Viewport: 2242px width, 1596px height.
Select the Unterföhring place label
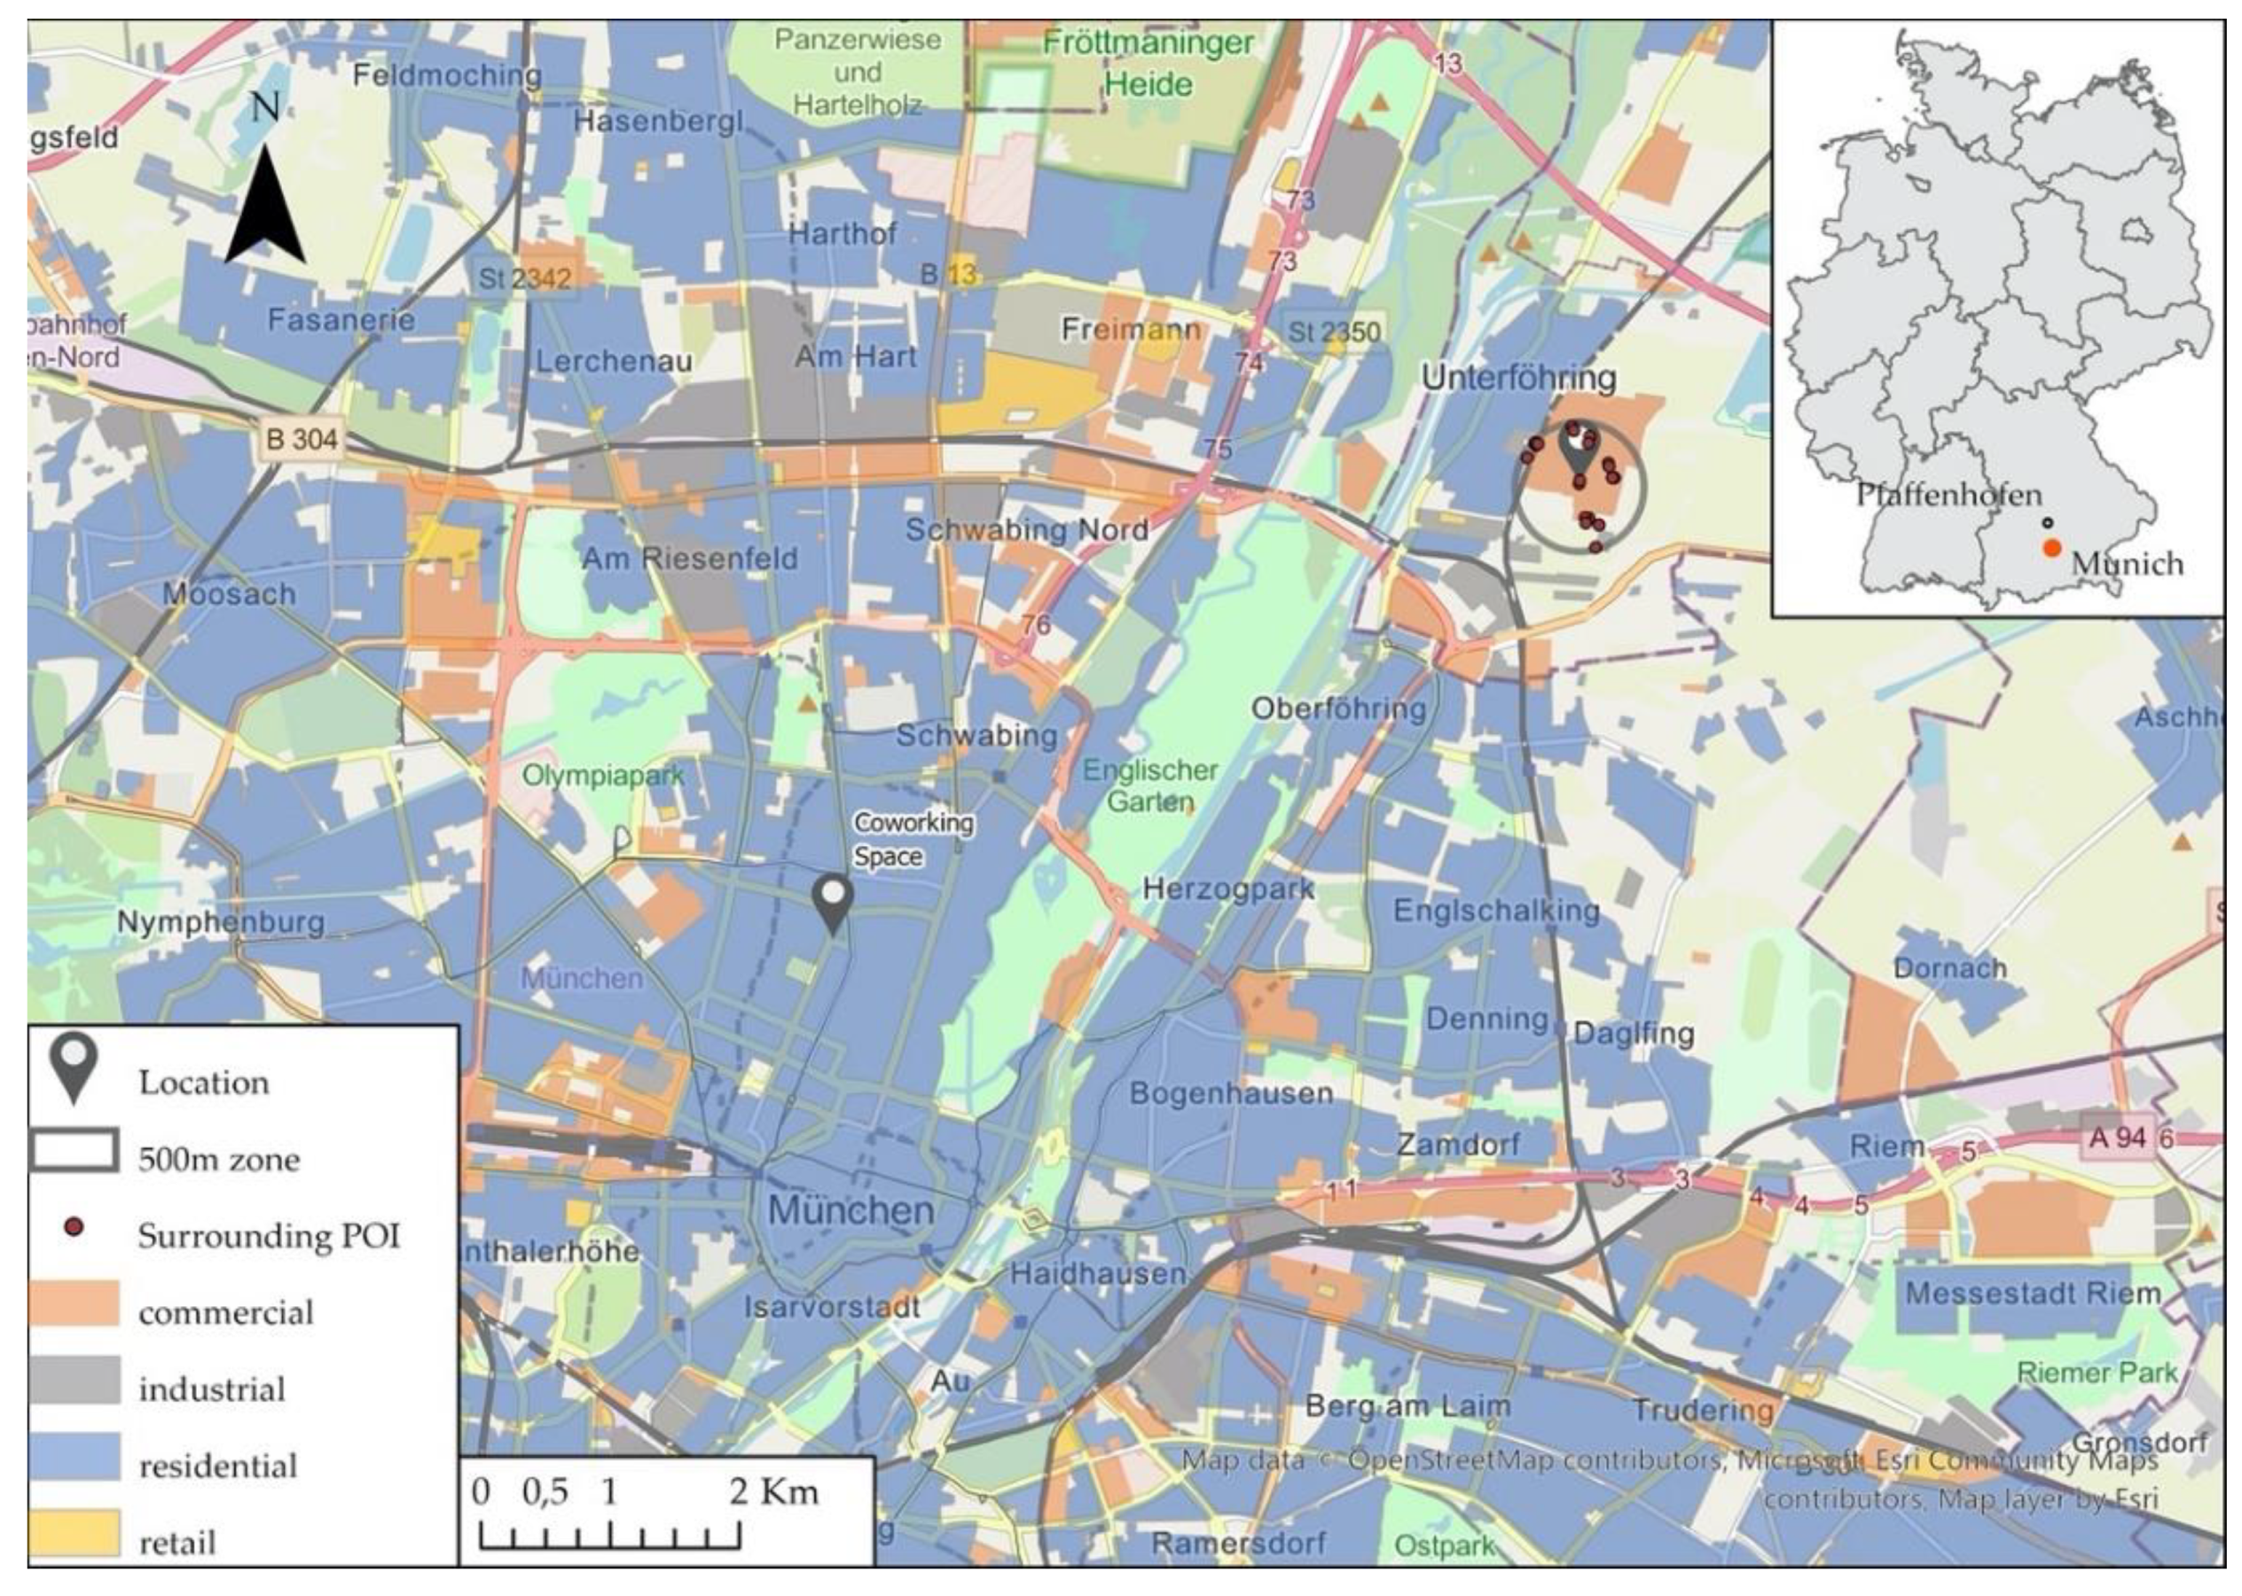tap(1518, 379)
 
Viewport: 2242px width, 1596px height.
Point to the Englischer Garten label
tap(1150, 786)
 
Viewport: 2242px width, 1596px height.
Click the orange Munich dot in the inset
tap(2051, 548)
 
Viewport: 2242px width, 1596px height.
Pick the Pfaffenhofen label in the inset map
tap(1948, 495)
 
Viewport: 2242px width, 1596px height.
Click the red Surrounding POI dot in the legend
tap(74, 1227)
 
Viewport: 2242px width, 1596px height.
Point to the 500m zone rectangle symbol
tap(74, 1151)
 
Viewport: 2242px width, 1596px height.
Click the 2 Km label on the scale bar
tap(773, 1492)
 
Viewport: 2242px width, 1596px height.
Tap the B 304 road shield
tap(302, 438)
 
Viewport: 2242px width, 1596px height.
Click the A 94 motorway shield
tap(2116, 1138)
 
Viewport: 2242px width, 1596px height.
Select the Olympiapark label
tap(602, 776)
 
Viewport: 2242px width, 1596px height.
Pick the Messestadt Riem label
tap(2033, 1294)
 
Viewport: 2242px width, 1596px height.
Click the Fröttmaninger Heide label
tap(1148, 64)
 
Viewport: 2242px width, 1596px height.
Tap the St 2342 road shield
tap(524, 278)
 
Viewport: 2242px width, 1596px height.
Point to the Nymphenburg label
tap(220, 922)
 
